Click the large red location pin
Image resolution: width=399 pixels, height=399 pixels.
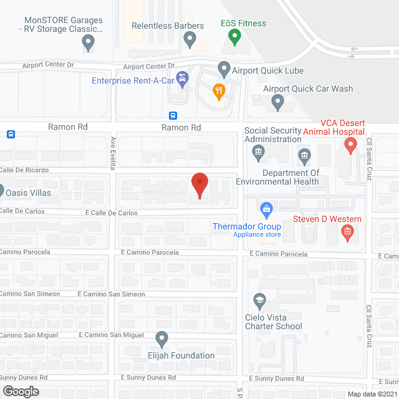coord(199,185)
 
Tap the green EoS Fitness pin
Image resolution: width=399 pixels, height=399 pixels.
coord(234,37)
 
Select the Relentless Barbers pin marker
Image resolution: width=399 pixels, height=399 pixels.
coord(190,41)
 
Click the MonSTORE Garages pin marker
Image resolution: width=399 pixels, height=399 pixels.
coord(88,42)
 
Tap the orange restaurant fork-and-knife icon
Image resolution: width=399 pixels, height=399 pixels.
coord(218,91)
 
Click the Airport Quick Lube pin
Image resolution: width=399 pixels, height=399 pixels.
coord(224,68)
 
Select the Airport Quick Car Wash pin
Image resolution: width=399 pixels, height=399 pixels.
coord(277,100)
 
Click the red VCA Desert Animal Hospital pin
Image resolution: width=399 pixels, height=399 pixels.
coord(350,146)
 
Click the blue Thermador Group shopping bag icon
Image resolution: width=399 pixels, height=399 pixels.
coord(266,208)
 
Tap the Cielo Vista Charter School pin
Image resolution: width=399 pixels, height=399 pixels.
coord(259,302)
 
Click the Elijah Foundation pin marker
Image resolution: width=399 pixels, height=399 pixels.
coord(162,339)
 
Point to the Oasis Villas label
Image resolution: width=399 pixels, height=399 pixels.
coord(29,193)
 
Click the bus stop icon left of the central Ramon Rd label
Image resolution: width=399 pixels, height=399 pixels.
coord(173,115)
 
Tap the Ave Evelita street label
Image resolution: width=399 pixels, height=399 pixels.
coord(113,153)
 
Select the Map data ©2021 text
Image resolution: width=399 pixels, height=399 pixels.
coord(371,393)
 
